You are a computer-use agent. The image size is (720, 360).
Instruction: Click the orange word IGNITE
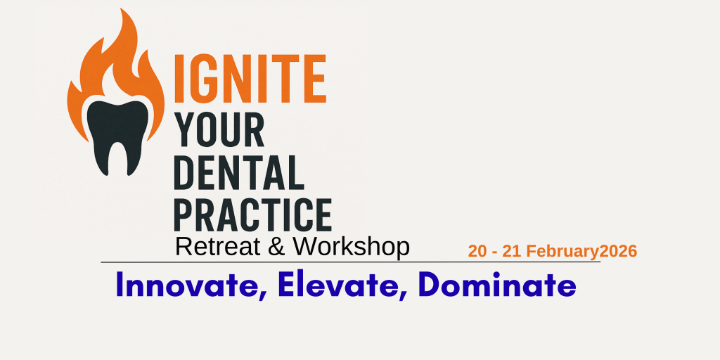coord(250,79)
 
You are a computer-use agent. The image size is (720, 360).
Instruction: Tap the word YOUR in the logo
coord(219,129)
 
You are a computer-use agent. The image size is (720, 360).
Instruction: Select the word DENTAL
coord(239,172)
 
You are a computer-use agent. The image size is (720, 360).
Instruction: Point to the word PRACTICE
coord(252,214)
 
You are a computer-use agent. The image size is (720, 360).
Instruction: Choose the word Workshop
coord(352,248)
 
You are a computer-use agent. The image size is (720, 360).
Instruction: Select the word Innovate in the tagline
coord(187,285)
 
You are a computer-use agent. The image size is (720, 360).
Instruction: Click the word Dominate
coord(497,285)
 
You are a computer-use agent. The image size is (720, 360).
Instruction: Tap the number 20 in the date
coord(477,252)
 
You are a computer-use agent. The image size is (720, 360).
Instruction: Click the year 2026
coord(619,252)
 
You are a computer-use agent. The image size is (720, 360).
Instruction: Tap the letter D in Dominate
coord(430,285)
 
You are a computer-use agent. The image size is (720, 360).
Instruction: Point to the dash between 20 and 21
coord(494,253)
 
